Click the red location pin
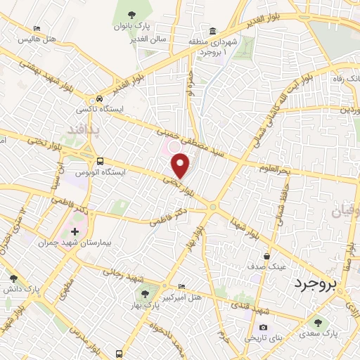coord(181,165)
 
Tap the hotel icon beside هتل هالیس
coord(37,30)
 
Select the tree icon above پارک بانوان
coord(131,13)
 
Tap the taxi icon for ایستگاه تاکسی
coord(101,98)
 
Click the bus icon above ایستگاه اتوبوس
coord(100,160)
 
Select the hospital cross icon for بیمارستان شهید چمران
coord(75,231)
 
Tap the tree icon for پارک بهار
coord(144,295)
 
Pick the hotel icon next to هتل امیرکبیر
coord(182,286)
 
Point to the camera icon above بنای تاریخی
coord(263,327)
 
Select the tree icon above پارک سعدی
coord(318,323)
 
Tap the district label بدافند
coord(81,130)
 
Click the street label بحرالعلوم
coord(273,171)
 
